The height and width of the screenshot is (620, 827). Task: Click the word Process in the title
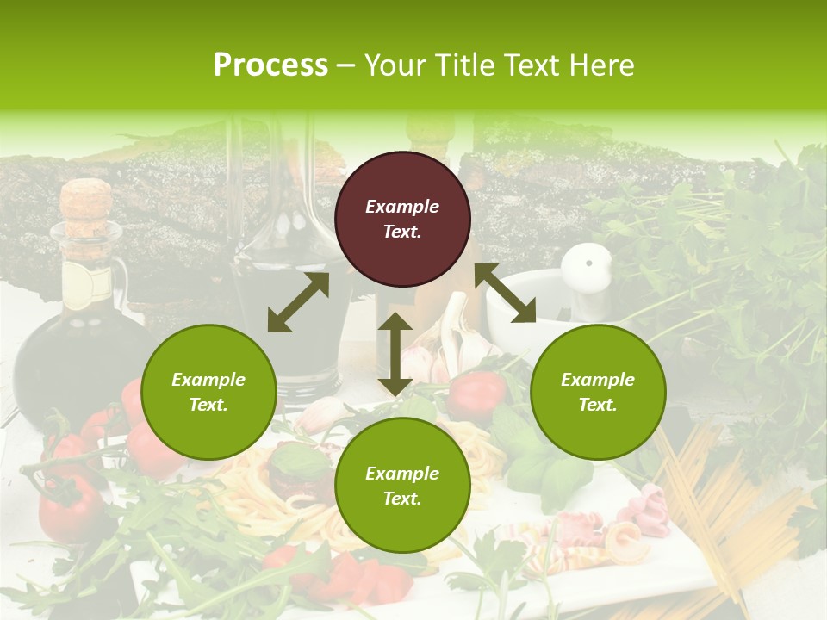point(270,65)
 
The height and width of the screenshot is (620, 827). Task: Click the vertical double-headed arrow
point(395,354)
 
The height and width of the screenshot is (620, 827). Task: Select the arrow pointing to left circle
point(298,302)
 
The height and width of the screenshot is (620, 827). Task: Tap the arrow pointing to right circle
point(505,293)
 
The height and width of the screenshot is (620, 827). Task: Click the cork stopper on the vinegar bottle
point(85,201)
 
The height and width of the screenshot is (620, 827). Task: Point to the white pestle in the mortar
point(588,267)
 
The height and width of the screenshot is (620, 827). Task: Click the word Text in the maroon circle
point(402,232)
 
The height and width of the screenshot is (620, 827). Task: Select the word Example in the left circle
point(208,380)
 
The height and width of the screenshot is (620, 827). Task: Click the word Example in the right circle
point(598,380)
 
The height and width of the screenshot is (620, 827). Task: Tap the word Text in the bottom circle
point(402,499)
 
